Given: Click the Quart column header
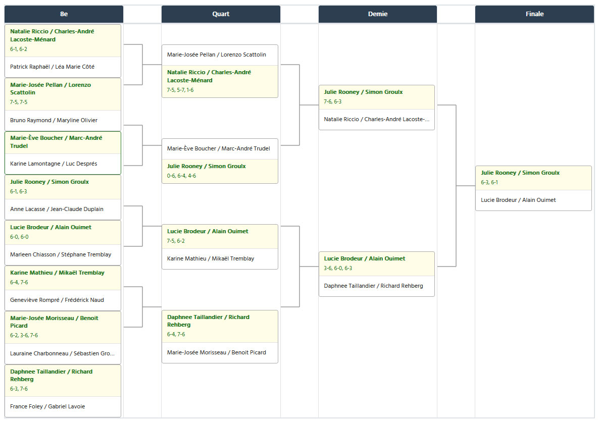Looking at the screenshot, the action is coord(221,14).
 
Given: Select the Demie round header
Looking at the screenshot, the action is coord(377,14).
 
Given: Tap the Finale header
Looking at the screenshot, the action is coord(534,14).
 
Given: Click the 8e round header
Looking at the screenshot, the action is coord(64,14).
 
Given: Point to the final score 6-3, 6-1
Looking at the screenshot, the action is coord(489,183).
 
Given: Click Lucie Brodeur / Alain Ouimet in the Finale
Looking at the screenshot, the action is coord(518,200).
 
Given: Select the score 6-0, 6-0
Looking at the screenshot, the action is coord(19,237).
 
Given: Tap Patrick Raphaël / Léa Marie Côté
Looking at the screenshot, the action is coord(53,67).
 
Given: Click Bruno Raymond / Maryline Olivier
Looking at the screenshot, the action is coord(54,120).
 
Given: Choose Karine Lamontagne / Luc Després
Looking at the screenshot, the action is coord(54,164).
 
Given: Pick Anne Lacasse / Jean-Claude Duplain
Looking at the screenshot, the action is coord(57,209).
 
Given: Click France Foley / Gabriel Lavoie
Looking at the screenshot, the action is coord(48,407).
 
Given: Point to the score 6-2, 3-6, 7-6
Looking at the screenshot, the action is coord(24,336).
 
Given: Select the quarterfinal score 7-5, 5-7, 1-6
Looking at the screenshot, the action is coord(180,90).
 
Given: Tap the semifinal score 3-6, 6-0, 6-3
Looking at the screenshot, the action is coord(338,269).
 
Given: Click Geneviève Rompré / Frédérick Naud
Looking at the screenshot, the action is coord(57,300).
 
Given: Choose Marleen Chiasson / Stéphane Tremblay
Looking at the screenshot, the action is coord(61,255).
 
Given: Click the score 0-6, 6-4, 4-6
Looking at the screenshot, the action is coord(181,176).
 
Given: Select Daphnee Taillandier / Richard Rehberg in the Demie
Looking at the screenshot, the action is coord(374,286).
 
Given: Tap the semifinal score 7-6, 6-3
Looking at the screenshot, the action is coord(333,102).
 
